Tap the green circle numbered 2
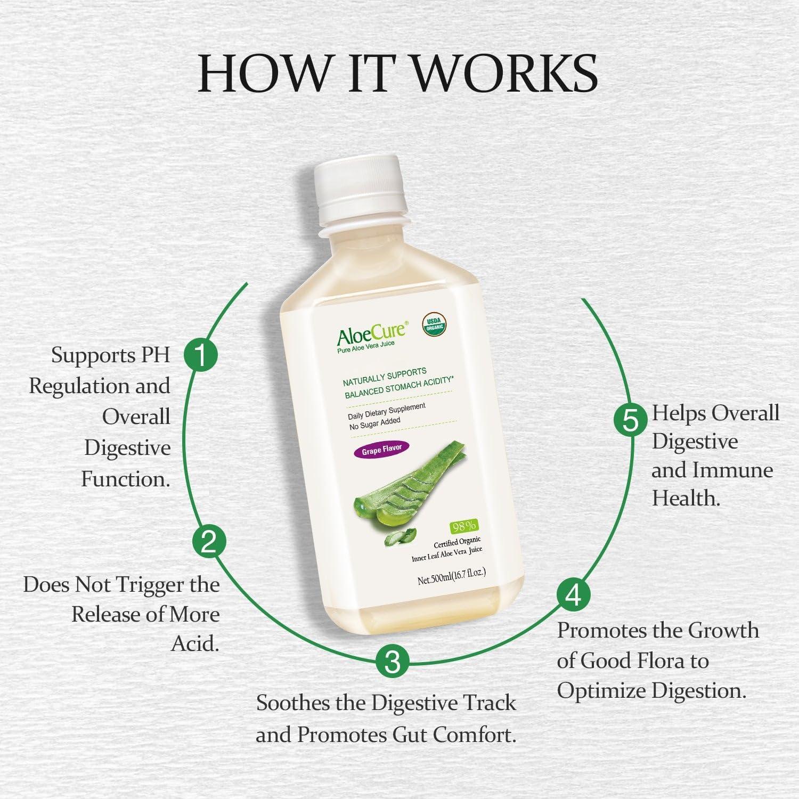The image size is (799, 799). (209, 541)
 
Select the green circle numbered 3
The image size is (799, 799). (393, 662)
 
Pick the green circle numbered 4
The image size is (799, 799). (573, 595)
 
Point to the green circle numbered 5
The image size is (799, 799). (631, 421)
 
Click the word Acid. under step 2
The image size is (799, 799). (195, 644)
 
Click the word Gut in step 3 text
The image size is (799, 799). (410, 735)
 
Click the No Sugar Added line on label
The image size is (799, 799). (374, 424)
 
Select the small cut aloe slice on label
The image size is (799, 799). (400, 538)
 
